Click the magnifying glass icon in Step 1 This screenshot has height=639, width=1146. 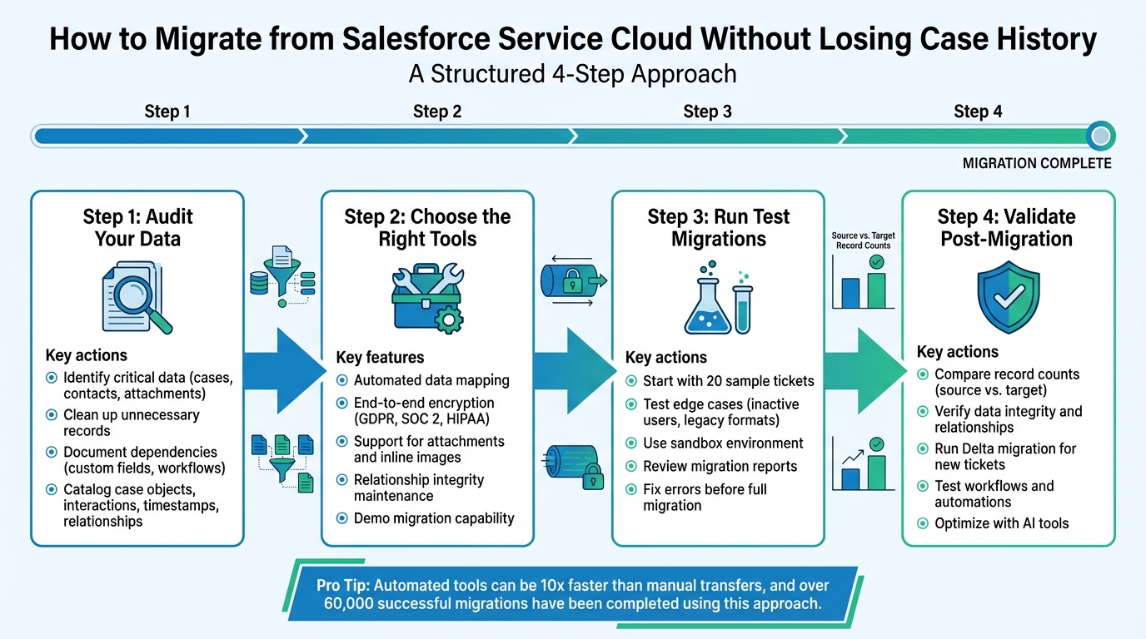[138, 298]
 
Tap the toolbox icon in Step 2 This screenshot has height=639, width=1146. [426, 297]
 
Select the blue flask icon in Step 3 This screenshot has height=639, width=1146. [707, 301]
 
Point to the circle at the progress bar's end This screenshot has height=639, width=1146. [1101, 136]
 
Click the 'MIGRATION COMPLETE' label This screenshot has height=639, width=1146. [1036, 163]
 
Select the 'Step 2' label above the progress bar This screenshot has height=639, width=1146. [437, 111]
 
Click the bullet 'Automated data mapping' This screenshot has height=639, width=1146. [431, 380]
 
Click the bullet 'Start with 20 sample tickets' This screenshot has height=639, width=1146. [728, 381]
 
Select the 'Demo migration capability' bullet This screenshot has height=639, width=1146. [433, 518]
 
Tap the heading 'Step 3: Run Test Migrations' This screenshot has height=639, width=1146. [718, 228]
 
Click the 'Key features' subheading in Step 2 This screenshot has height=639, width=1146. [380, 358]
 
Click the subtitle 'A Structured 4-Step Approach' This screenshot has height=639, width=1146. [572, 74]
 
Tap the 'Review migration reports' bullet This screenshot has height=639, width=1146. [720, 466]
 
